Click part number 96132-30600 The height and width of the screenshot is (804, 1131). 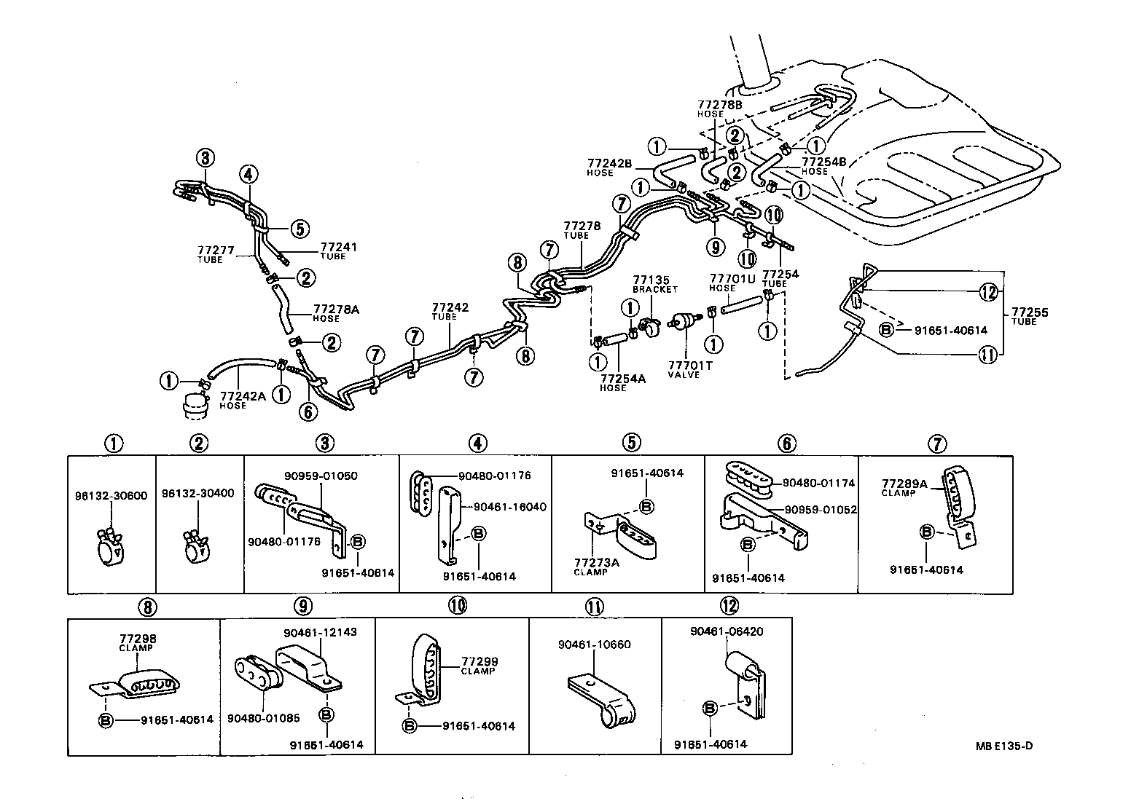coord(111,496)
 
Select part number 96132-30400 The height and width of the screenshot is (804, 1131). coord(197,493)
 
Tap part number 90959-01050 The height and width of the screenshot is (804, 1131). coord(321,476)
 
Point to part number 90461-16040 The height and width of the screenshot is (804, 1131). coord(509,507)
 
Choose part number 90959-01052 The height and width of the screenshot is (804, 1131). coord(821,510)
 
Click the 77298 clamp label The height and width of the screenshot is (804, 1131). coord(138,642)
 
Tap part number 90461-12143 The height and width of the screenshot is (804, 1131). coord(320,632)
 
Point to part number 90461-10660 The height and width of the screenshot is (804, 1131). coord(595,645)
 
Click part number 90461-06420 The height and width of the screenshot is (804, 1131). coord(727,631)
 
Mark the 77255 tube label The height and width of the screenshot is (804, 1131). coord(1028,317)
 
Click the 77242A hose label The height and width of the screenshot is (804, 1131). coord(243,400)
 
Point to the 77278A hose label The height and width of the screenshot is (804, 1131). coord(336,312)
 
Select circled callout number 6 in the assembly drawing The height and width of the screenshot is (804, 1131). coord(308,411)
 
